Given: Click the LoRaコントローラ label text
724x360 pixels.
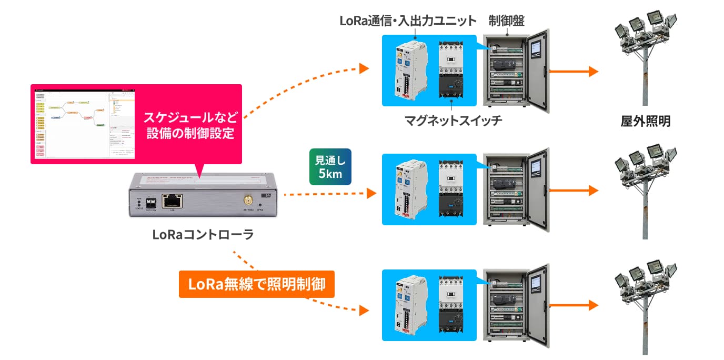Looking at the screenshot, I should point(203,235).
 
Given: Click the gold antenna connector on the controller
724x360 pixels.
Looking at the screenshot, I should point(247,200).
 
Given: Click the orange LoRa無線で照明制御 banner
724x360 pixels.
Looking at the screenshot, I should point(256,284).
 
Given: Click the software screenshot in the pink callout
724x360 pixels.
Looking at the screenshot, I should point(84,123).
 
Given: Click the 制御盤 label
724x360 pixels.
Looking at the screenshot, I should point(506,21).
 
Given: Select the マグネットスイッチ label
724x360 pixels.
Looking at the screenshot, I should point(453,121).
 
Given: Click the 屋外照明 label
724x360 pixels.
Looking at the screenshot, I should point(646,122).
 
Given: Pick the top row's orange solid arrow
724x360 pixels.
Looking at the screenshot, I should point(574,71).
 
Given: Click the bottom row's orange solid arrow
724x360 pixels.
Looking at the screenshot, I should point(574,305).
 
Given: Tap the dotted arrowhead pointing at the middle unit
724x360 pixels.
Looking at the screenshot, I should point(371,194).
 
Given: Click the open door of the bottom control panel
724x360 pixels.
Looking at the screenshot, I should point(539,304).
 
